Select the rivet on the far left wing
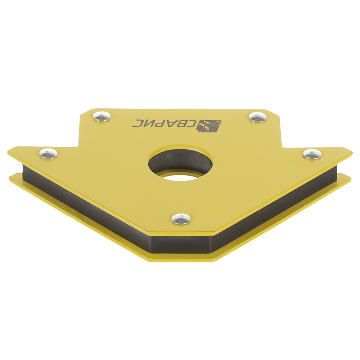49,153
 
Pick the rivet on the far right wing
312,154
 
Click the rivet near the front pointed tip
181,219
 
